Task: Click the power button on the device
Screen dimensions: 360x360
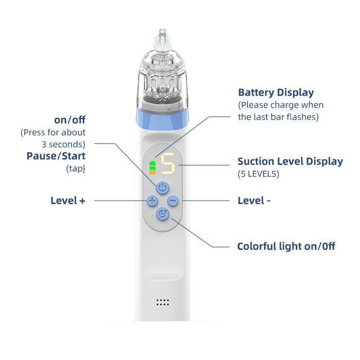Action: click(x=163, y=187)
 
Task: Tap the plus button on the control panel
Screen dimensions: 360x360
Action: click(x=152, y=201)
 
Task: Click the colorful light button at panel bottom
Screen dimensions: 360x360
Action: click(x=163, y=214)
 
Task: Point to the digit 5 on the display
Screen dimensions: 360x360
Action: click(x=168, y=164)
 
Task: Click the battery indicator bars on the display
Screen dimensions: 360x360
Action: click(x=152, y=166)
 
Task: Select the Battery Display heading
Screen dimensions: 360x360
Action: click(x=276, y=93)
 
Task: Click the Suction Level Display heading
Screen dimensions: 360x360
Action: click(x=290, y=161)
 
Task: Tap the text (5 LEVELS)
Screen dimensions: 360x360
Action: click(x=258, y=174)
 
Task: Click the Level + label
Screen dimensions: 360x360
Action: click(x=67, y=201)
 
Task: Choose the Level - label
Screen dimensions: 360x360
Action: click(x=254, y=201)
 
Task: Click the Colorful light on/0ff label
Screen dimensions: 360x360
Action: click(x=286, y=246)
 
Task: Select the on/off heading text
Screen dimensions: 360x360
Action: click(x=70, y=120)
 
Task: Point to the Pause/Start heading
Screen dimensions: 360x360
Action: click(x=56, y=156)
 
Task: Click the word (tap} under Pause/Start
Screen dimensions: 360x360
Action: click(x=75, y=168)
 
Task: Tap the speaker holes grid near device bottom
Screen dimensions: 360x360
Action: click(x=163, y=302)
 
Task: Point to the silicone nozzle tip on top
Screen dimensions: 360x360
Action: click(x=163, y=39)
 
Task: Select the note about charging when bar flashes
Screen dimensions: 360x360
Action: click(x=280, y=111)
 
